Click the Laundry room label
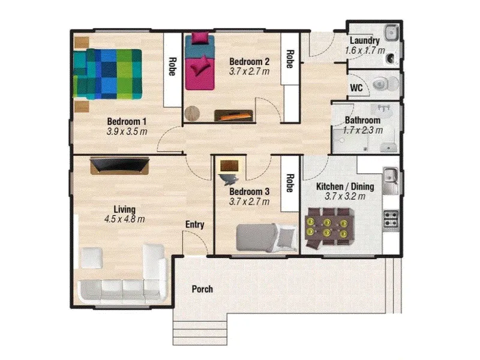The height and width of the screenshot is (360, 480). click(365, 40)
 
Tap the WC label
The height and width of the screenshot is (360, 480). click(356, 88)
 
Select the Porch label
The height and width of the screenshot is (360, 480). click(202, 289)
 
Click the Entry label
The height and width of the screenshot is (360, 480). click(194, 224)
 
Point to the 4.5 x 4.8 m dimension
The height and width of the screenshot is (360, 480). click(124, 219)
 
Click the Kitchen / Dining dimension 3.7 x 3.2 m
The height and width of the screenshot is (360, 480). click(345, 196)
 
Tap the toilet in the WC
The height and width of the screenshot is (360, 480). click(386, 83)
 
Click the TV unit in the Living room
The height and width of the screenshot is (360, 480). click(119, 166)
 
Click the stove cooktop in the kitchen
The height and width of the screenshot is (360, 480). click(391, 218)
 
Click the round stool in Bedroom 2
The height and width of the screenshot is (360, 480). click(192, 113)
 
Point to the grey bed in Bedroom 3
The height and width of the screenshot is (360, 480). click(266, 238)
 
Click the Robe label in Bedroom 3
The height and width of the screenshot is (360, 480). click(290, 183)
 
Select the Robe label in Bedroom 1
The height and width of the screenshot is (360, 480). click(172, 67)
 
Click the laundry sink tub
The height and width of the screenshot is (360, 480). click(392, 32)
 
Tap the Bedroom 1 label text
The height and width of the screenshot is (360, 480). click(127, 122)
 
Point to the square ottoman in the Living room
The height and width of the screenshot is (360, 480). click(91, 258)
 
